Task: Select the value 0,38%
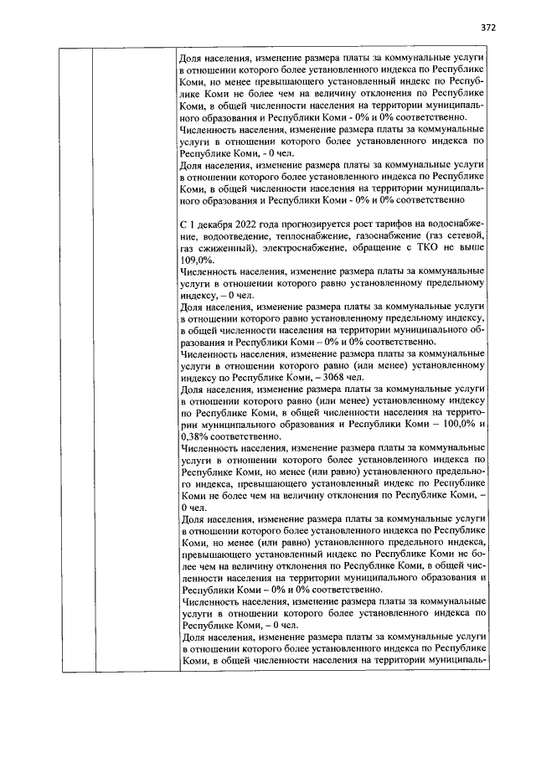click(x=195, y=436)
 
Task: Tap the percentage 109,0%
click(x=197, y=260)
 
